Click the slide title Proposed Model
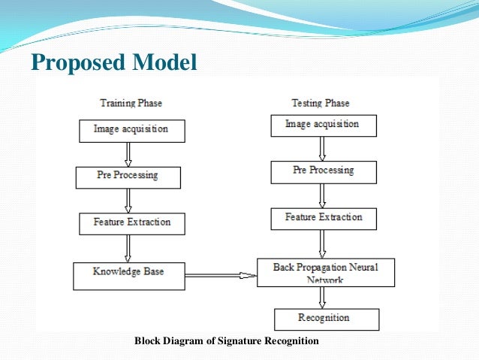pos(113,62)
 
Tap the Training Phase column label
pos(131,103)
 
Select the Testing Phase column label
pos(321,102)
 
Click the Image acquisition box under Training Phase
pos(131,130)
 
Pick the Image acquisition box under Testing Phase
pos(323,125)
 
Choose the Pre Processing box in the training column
pos(128,177)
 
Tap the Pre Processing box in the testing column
pos(323,171)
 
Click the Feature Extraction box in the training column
pos(131,223)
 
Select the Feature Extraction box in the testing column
pos(323,218)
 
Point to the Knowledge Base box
pos(128,275)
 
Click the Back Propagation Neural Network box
pos(325,272)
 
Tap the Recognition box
pos(327,319)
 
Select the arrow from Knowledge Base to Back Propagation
pos(221,275)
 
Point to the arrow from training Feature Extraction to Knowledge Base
pos(128,247)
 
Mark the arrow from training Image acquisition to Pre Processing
pos(128,154)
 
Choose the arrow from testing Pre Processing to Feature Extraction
pos(322,195)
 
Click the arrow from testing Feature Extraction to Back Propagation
pos(322,244)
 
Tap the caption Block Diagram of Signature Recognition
pos(227,341)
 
